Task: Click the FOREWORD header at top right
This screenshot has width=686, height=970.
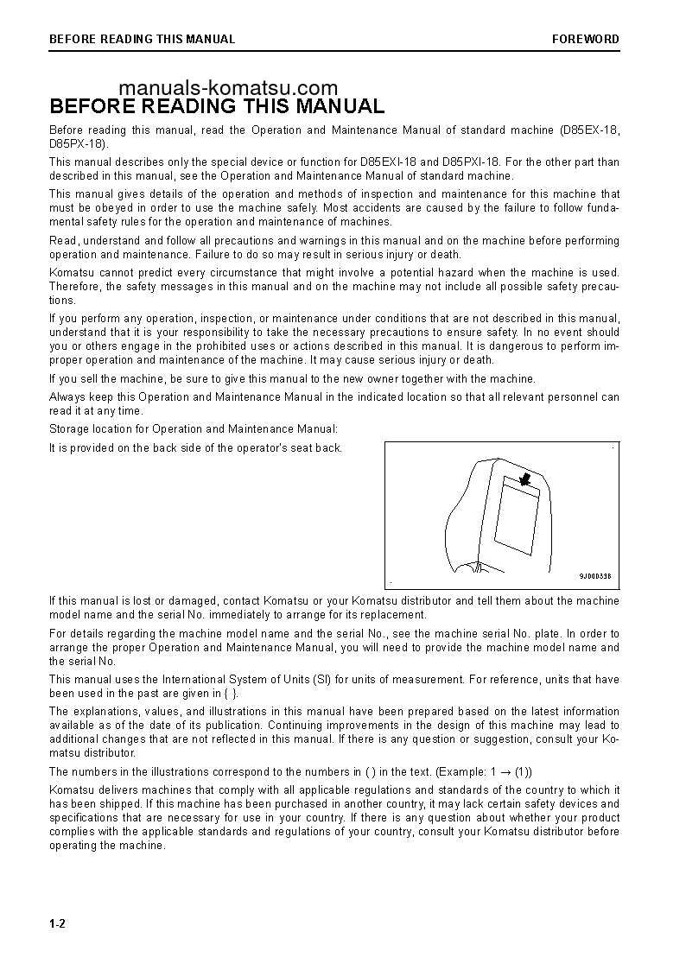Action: coord(586,39)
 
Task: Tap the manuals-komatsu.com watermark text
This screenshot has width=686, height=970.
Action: coord(228,88)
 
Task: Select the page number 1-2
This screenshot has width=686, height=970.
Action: coord(58,924)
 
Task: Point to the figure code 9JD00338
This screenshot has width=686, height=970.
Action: coord(594,576)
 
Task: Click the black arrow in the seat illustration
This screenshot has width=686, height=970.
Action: coord(523,479)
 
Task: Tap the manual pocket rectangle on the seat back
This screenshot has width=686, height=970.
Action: coord(516,519)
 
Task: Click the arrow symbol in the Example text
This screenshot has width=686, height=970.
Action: coord(506,771)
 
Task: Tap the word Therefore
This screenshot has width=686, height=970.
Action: coord(74,287)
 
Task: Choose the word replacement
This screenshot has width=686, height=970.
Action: coord(395,615)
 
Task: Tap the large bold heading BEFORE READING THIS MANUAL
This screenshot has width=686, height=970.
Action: coord(217,107)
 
